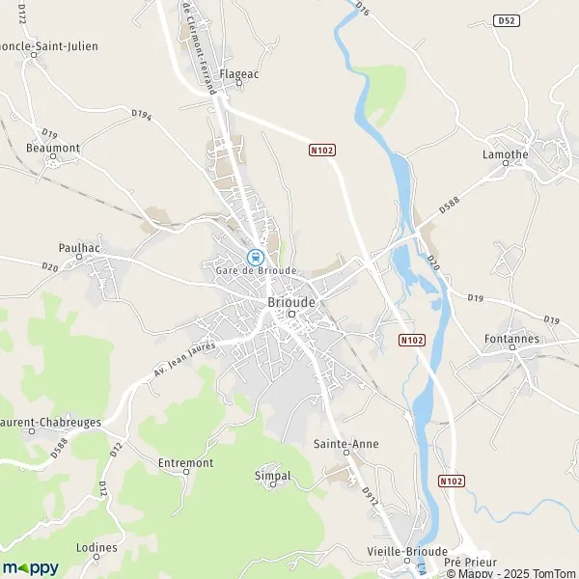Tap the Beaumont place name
(x=53, y=147)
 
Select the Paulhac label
(x=79, y=247)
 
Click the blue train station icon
(x=255, y=257)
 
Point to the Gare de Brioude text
(x=256, y=271)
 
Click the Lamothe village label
(x=505, y=153)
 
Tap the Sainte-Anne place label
(x=345, y=443)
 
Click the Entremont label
(x=185, y=463)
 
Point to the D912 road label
(x=368, y=495)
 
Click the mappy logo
(x=30, y=567)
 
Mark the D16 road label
(x=362, y=8)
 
